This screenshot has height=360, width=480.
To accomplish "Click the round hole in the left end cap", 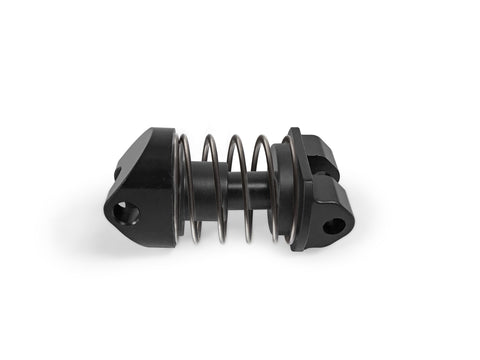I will (x=126, y=212).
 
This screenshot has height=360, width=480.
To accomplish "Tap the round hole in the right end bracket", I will (x=333, y=225).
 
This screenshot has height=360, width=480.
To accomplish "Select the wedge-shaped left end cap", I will (x=142, y=185).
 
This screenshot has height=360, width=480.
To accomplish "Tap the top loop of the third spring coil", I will (x=236, y=139).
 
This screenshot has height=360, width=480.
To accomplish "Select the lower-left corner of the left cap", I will (x=111, y=218).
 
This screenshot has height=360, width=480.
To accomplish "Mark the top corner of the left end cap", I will (x=160, y=130).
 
